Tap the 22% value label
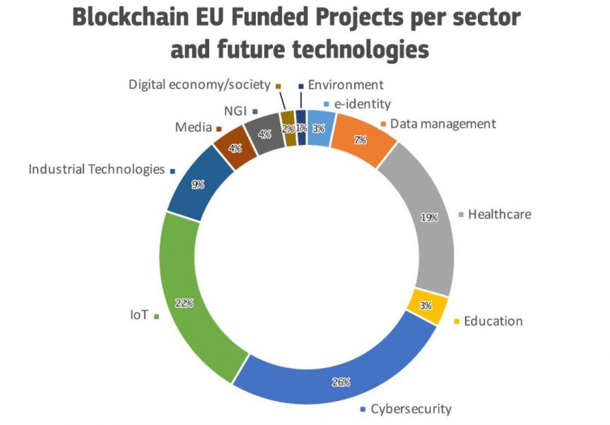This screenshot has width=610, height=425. pos(184,303)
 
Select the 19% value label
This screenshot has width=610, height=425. pos(429,218)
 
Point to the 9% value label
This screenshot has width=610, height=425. pos(198,185)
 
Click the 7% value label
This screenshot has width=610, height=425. pos(360,140)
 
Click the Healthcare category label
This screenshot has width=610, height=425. pos(499,214)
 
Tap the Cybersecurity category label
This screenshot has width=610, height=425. pos(411,409)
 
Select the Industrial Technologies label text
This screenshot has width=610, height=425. pos(95,170)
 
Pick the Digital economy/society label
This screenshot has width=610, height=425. pos(199,84)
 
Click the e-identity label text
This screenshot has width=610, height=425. pos(363,104)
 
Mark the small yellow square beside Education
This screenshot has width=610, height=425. pos(457,322)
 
